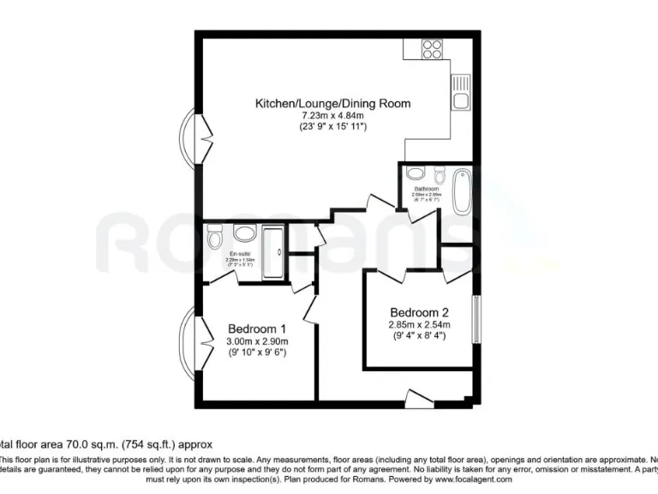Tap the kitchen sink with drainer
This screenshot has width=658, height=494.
(461, 93)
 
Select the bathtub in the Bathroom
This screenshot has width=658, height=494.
(461, 190)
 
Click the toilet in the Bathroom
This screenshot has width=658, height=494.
(440, 175)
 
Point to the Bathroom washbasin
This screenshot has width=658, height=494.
(415, 172)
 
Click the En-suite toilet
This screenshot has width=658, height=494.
(214, 236)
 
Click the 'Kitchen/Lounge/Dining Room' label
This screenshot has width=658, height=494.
(332, 104)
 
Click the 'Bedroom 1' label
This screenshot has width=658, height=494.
(256, 328)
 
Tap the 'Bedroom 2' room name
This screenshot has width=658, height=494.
(419, 312)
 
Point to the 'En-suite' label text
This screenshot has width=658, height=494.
(240, 255)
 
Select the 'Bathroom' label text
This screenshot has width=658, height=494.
(427, 189)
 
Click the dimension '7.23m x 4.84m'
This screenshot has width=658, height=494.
(332, 116)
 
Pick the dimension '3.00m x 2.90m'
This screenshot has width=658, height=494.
(256, 340)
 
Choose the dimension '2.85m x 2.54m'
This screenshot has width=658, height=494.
(419, 325)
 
